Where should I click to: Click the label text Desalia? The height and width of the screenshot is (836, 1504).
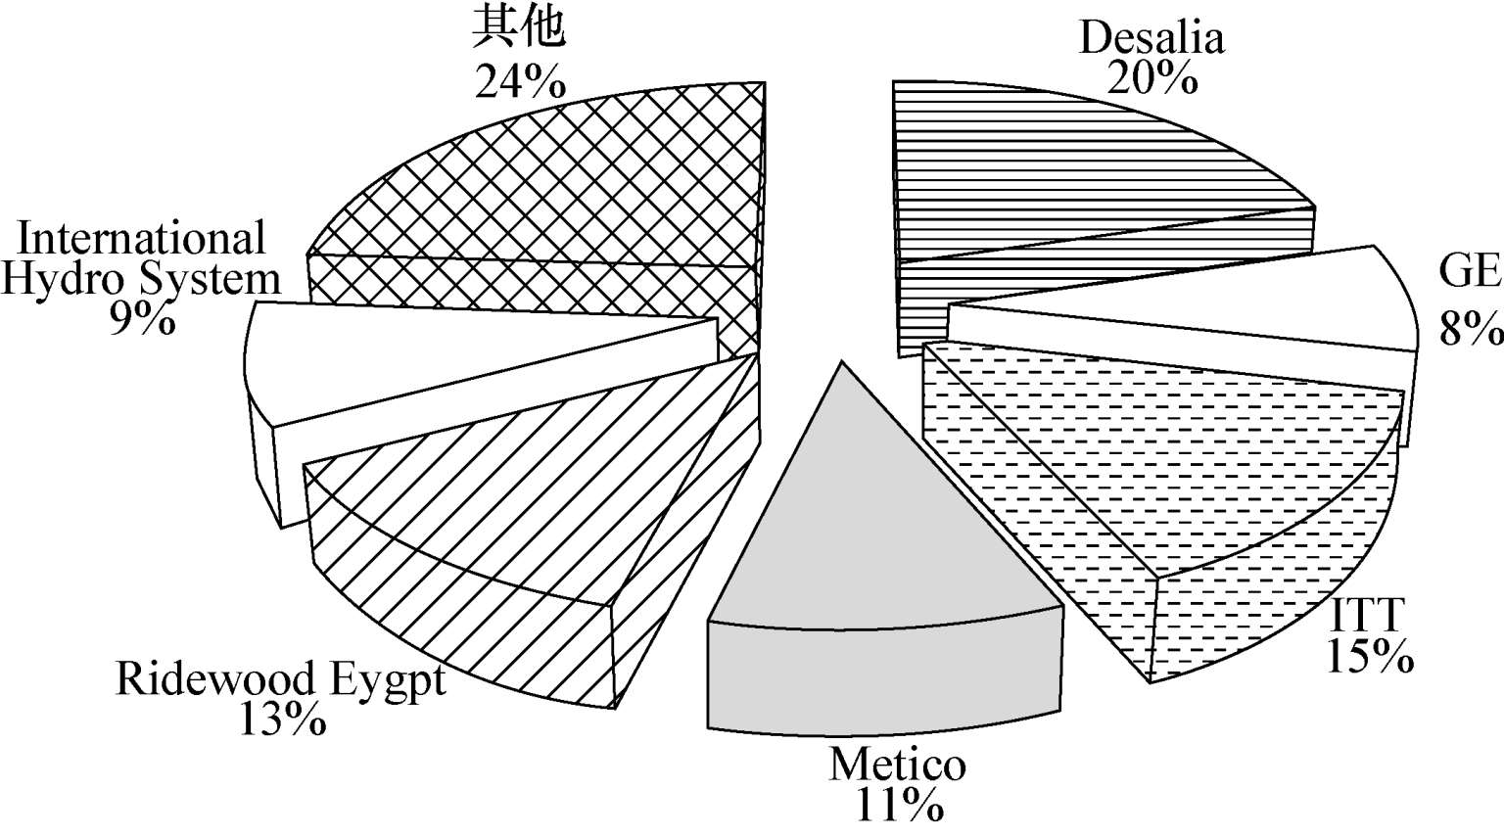[x=1151, y=38]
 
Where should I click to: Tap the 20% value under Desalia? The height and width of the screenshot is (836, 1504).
[x=1151, y=76]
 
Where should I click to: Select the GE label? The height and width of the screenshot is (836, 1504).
[x=1469, y=271]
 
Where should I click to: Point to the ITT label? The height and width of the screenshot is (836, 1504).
[x=1368, y=617]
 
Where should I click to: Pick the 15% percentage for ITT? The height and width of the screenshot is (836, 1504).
[x=1369, y=656]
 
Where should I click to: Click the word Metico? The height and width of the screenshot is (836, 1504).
[x=897, y=764]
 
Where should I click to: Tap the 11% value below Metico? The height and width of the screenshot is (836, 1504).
[x=899, y=805]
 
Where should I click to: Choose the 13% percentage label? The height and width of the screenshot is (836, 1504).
[x=281, y=720]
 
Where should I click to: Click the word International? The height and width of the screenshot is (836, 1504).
[x=142, y=238]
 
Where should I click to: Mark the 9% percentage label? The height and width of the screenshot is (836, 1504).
[x=142, y=319]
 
